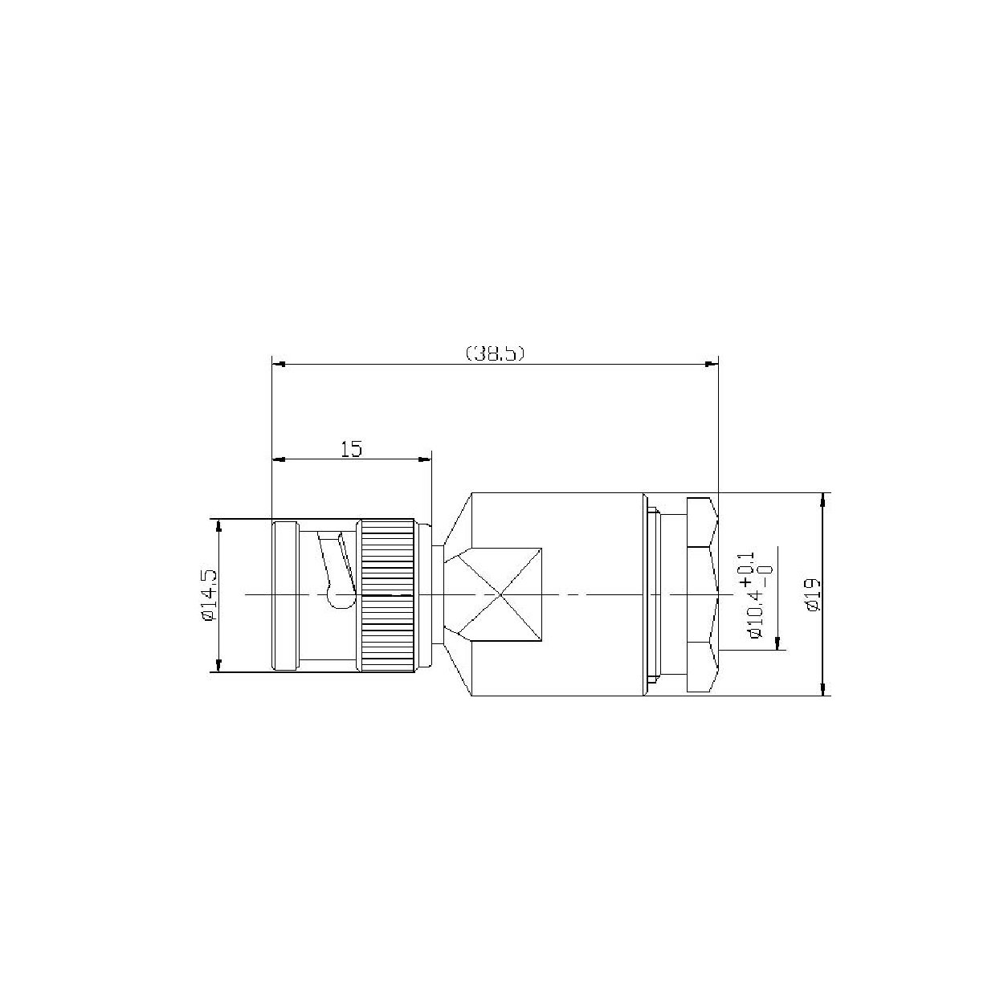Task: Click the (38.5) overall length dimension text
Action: click(495, 353)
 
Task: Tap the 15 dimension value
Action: click(351, 449)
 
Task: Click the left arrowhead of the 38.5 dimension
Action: click(279, 364)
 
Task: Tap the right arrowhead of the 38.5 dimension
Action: click(712, 364)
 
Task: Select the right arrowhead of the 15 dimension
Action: click(425, 459)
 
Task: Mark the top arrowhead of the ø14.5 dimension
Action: click(218, 526)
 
